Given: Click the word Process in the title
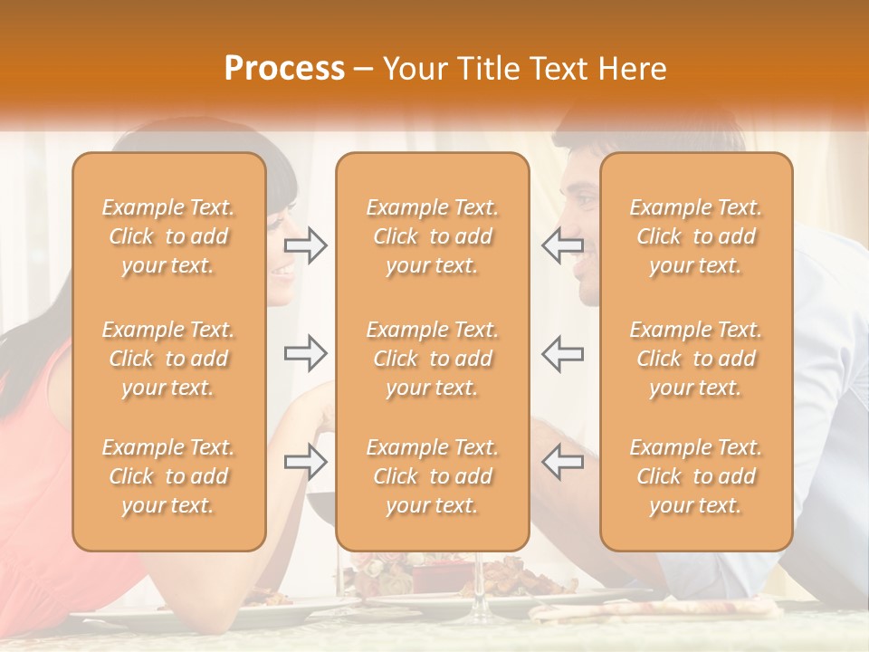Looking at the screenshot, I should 284,69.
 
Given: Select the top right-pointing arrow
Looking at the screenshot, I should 306,245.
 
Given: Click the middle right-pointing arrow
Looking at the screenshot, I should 306,353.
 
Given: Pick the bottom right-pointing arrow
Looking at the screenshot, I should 306,462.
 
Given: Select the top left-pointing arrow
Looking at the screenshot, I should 562,245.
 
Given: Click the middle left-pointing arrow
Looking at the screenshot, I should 562,353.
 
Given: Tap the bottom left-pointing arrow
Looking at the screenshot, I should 562,462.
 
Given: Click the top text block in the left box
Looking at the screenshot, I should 168,236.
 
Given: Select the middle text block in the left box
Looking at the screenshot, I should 168,359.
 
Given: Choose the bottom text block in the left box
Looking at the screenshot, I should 168,476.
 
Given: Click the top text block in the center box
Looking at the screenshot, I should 433,236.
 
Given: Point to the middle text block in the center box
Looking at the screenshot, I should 433,359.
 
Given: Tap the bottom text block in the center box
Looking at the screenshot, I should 433,476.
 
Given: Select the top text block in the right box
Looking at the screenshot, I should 696,236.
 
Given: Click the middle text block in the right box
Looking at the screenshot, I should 696,359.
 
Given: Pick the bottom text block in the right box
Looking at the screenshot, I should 696,476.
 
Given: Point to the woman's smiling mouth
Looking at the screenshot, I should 284,270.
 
